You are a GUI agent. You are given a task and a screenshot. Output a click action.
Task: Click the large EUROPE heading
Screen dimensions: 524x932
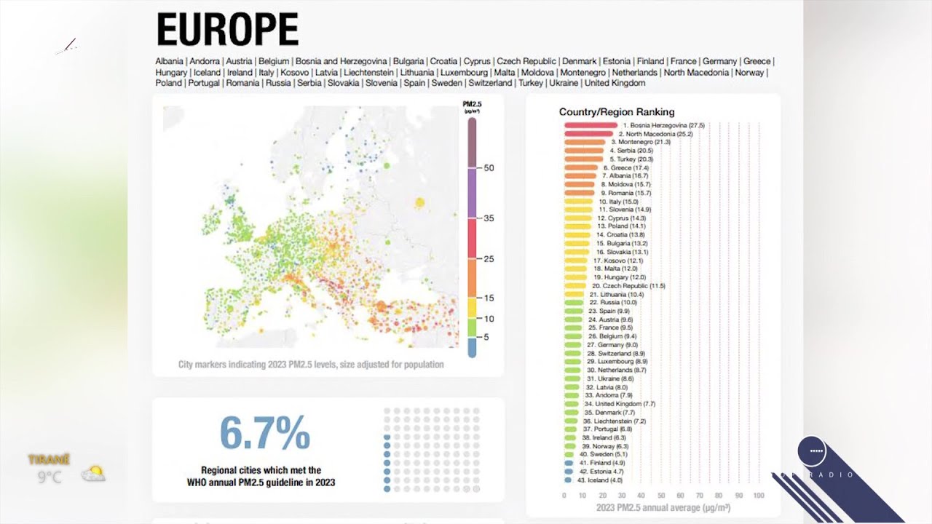pyautogui.click(x=227, y=31)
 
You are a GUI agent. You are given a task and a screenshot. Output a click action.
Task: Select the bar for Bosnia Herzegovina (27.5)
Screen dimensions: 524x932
pyautogui.click(x=590, y=126)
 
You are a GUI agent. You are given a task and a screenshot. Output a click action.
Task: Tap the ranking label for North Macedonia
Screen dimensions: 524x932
pyautogui.click(x=655, y=134)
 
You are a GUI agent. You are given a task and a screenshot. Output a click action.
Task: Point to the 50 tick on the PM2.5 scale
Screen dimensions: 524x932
pyautogui.click(x=489, y=168)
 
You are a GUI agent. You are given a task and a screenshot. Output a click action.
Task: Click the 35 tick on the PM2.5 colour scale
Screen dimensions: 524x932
pyautogui.click(x=489, y=218)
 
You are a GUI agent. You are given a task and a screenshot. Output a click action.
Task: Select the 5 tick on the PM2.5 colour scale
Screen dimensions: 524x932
pyautogui.click(x=486, y=337)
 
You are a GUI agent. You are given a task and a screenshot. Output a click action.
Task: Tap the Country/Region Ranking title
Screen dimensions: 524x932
pyautogui.click(x=617, y=112)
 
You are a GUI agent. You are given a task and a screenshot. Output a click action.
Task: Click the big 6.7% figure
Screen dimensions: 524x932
pyautogui.click(x=265, y=433)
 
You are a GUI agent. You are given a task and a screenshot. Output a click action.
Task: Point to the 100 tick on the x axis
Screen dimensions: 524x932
pyautogui.click(x=758, y=496)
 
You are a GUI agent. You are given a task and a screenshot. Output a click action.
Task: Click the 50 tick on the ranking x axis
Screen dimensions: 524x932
pyautogui.click(x=661, y=496)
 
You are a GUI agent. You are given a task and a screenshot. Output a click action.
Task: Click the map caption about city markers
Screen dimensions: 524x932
pyautogui.click(x=311, y=365)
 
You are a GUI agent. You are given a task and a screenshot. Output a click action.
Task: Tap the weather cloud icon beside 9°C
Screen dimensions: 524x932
pyautogui.click(x=93, y=475)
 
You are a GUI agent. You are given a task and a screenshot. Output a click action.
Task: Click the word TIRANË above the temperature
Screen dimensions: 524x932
pyautogui.click(x=50, y=460)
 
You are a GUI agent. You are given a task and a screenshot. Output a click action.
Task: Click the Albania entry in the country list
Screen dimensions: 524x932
pyautogui.click(x=169, y=62)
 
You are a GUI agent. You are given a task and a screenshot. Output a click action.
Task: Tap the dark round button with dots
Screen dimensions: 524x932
pyautogui.click(x=812, y=451)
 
